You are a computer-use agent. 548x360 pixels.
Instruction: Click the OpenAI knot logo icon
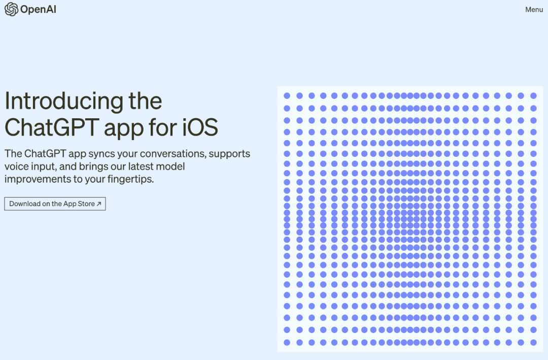point(11,10)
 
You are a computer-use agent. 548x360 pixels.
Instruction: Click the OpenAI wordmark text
point(38,10)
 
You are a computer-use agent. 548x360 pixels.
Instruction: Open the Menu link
point(534,10)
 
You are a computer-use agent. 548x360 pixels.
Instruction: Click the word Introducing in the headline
point(63,102)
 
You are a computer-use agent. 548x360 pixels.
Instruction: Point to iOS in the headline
point(200,127)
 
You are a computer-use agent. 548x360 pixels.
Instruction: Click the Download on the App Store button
point(55,204)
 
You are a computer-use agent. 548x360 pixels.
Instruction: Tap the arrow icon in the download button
point(99,204)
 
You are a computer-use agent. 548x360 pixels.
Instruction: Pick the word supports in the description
point(230,154)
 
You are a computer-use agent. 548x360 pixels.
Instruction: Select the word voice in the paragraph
point(16,167)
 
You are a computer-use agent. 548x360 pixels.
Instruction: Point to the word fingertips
point(131,179)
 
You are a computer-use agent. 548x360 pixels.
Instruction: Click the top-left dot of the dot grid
point(287,95)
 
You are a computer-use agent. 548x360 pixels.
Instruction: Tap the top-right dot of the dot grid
point(533,95)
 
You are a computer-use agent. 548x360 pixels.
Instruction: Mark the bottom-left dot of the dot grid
point(287,343)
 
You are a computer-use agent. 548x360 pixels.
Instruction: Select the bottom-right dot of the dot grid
point(533,343)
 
